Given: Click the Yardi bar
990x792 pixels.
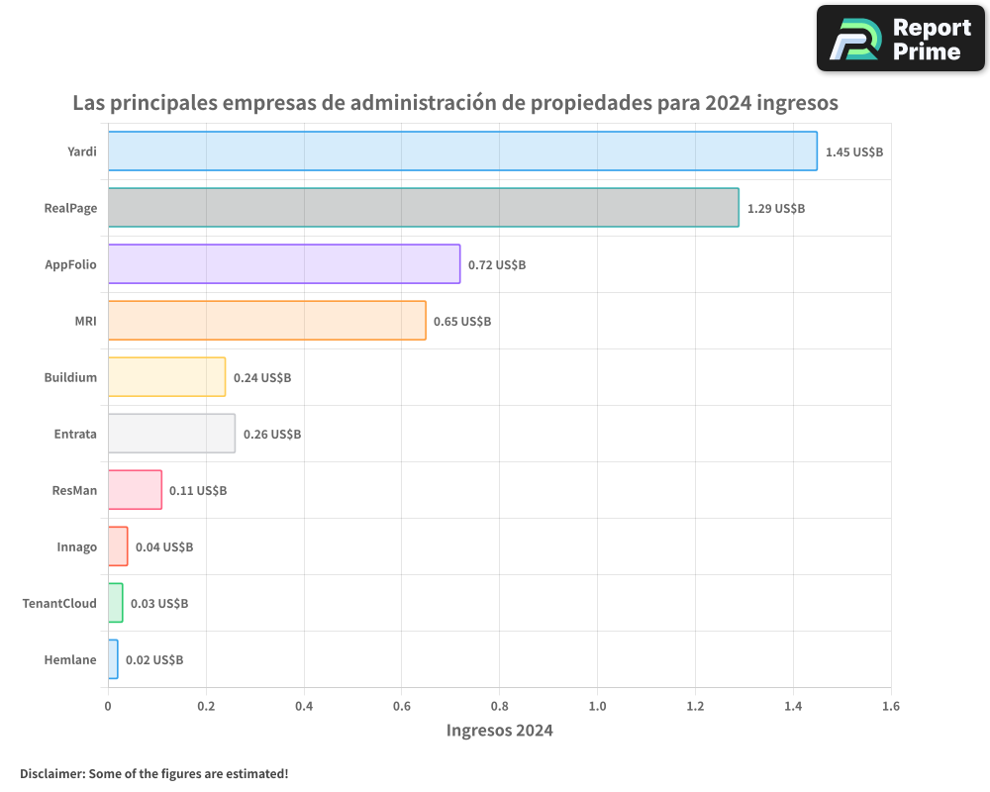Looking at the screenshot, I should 462,151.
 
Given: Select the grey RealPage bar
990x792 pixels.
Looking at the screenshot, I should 423,208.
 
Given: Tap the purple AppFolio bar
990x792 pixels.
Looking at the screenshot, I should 284,264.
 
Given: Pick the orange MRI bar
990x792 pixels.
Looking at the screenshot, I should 266,321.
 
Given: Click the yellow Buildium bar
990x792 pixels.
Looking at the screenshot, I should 166,377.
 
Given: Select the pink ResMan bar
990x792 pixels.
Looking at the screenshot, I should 135,490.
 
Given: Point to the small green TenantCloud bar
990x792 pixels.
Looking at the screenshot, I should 116,603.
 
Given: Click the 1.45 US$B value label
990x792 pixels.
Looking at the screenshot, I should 853,152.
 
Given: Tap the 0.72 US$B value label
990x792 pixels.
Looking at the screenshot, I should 497,265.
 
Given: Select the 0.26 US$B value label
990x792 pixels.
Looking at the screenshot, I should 272,435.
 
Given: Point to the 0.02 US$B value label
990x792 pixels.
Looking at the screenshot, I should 154,660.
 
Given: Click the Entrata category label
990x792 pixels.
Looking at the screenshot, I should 75,434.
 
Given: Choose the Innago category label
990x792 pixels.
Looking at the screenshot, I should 77,546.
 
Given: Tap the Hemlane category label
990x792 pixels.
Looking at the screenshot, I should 70,659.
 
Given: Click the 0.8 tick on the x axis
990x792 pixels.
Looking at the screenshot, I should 499,707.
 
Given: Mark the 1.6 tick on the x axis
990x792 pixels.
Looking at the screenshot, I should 891,707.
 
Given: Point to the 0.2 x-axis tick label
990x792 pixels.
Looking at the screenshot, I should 206,707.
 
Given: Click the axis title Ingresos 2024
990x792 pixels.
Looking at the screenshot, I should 499,732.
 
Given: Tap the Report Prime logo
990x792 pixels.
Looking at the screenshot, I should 900,39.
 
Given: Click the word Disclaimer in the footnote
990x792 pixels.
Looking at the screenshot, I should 51,773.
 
